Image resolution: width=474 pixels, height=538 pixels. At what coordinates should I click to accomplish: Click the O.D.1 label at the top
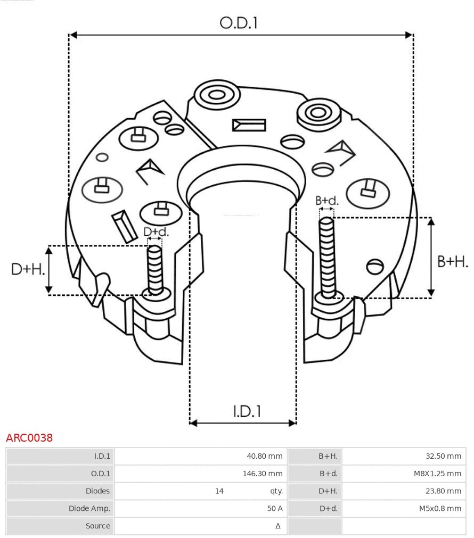[239, 23]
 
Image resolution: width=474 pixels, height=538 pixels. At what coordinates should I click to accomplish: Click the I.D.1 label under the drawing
[247, 411]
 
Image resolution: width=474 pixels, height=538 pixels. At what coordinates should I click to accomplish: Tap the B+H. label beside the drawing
[453, 261]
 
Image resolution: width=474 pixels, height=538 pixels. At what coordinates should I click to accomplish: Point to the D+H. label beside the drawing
[27, 269]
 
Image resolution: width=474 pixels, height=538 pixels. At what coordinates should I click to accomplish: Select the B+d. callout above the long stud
[326, 201]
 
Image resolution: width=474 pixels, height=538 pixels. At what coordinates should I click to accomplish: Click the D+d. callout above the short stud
[156, 232]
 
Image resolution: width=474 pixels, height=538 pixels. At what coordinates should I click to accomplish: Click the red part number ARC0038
[29, 438]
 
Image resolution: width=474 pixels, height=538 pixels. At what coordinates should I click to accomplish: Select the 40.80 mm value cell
[264, 456]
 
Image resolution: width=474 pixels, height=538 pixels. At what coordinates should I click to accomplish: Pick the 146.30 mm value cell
[263, 474]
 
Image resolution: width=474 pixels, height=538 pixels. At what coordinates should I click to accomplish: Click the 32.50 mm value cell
[444, 456]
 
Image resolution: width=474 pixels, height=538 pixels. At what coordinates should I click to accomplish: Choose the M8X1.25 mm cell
[437, 474]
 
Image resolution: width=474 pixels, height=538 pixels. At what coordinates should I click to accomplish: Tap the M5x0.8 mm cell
[439, 508]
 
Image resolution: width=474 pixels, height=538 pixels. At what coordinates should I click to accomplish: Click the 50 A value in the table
[275, 508]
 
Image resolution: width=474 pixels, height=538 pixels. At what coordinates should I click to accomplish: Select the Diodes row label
[97, 491]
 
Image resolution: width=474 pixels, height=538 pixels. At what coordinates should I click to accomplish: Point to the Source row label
[98, 526]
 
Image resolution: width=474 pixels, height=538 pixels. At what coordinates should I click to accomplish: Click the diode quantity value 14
[219, 491]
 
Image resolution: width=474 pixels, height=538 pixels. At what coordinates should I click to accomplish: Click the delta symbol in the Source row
[277, 526]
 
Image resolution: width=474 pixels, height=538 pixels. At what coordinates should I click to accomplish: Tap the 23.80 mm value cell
[444, 491]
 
